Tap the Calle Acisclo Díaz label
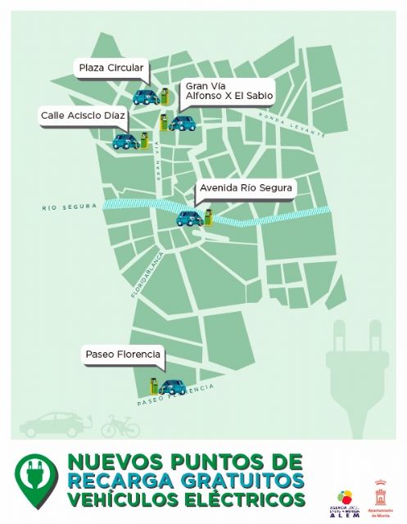click(83, 115)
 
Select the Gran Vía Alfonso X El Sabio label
click(228, 90)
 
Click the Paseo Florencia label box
click(123, 355)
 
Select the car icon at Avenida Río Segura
click(190, 218)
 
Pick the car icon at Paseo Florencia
click(171, 386)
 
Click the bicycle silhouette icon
click(120, 426)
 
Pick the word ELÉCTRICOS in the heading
click(246, 499)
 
